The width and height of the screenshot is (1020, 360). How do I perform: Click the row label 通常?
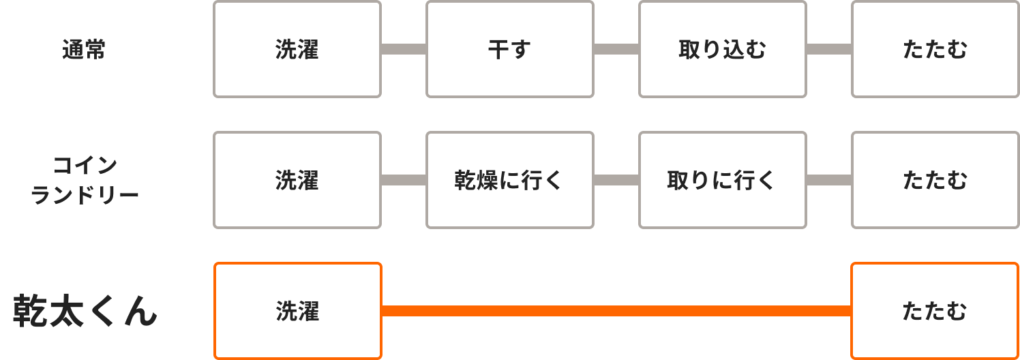[x=84, y=50]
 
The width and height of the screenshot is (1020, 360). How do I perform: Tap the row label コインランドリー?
[x=85, y=181]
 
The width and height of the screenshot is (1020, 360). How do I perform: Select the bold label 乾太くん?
[x=85, y=312]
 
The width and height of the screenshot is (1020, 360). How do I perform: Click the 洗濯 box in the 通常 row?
[x=297, y=49]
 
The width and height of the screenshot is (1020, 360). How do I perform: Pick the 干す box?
[x=510, y=49]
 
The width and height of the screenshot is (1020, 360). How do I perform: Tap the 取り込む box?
[x=723, y=49]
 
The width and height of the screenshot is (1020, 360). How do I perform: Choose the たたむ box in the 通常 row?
[x=935, y=49]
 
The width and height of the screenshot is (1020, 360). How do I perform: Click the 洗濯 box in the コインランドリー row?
[x=297, y=180]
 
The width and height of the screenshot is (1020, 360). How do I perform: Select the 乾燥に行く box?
[x=510, y=180]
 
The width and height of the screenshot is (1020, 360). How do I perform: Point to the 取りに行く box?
[x=723, y=180]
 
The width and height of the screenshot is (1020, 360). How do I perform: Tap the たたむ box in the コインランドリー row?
[x=935, y=180]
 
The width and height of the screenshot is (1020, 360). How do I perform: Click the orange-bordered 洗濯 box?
[x=297, y=311]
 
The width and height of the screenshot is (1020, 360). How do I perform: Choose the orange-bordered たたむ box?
[x=935, y=311]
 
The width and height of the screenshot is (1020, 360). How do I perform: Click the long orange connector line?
[x=616, y=311]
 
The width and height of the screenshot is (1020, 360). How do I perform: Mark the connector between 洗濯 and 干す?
[x=404, y=49]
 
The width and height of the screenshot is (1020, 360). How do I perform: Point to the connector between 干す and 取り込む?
[x=616, y=49]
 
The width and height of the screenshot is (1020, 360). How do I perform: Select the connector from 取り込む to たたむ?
[x=829, y=49]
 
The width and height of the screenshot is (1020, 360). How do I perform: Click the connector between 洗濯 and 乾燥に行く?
[x=404, y=180]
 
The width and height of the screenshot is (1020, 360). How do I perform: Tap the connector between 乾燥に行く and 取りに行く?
[x=616, y=180]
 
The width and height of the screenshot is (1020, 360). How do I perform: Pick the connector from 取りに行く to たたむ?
[x=829, y=180]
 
